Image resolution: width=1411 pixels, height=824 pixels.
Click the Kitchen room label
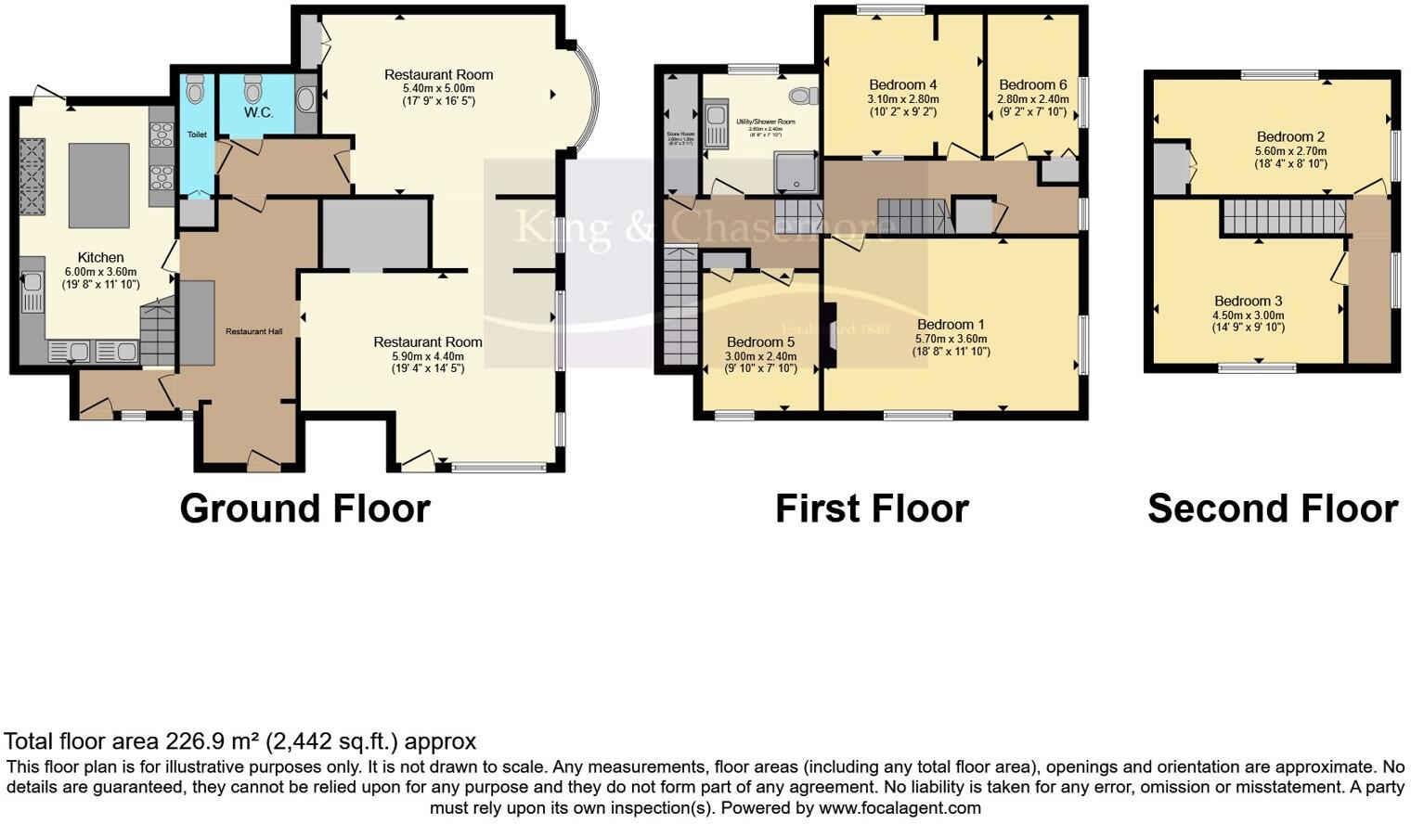pyautogui.click(x=100, y=258)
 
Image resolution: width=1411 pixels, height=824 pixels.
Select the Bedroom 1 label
pyautogui.click(x=951, y=325)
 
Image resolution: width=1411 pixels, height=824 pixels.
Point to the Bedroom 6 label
pyautogui.click(x=1032, y=85)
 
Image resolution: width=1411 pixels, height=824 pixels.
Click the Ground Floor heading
pyautogui.click(x=304, y=509)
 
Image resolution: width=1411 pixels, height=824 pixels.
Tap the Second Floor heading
pyautogui.click(x=1272, y=509)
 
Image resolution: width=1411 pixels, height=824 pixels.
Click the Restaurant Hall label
pyautogui.click(x=253, y=331)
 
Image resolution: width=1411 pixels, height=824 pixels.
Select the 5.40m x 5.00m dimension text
pyautogui.click(x=438, y=88)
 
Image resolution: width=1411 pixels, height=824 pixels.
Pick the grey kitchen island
pyautogui.click(x=98, y=185)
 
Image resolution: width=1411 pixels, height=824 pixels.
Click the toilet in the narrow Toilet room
pyautogui.click(x=195, y=91)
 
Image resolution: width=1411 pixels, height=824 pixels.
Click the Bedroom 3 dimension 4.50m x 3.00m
pyautogui.click(x=1248, y=315)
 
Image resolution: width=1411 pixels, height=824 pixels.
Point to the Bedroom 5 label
pyautogui.click(x=760, y=342)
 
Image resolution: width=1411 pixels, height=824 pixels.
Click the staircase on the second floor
pyautogui.click(x=1283, y=216)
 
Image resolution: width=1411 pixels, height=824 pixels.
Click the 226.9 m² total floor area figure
pyautogui.click(x=213, y=741)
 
